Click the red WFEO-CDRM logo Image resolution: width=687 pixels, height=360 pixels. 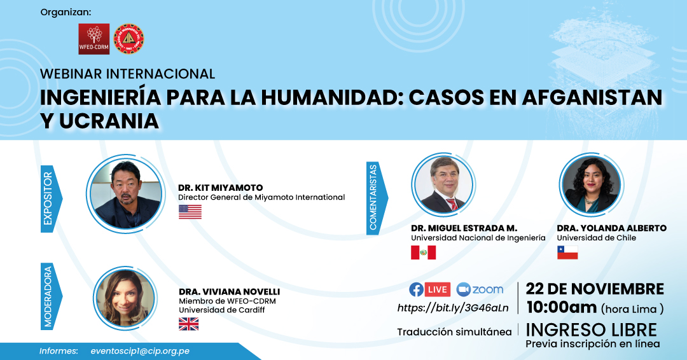(94, 39)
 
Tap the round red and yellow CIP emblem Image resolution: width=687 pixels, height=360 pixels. (128, 39)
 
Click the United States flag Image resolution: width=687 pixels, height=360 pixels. (190, 212)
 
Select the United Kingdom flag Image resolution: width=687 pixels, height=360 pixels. (189, 324)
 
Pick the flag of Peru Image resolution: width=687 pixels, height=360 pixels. (423, 253)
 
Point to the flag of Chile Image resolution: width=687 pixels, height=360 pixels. (567, 253)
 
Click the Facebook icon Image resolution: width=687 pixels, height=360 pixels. (416, 289)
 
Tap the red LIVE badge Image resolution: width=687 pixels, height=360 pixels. (437, 289)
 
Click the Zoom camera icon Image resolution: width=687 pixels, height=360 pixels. (463, 289)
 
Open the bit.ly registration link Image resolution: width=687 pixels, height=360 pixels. (453, 308)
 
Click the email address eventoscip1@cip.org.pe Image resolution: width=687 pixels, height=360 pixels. (140, 351)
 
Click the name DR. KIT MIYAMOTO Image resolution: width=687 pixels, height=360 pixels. (220, 188)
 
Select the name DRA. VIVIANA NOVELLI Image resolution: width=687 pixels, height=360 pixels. (229, 292)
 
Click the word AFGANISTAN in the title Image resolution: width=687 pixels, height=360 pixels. (592, 97)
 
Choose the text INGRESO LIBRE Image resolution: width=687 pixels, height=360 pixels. (591, 329)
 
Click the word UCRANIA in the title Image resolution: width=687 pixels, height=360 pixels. (109, 121)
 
